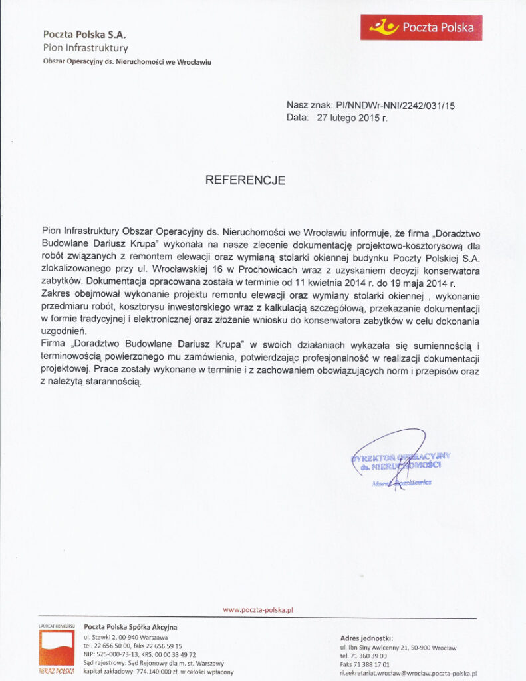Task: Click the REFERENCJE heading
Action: coord(245,180)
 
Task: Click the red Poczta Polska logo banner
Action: coord(421,27)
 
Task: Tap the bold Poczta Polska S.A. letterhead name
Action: coord(84,34)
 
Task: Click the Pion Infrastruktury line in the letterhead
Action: coord(86,48)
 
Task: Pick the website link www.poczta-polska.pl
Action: coord(258,609)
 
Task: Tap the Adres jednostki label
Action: coord(367,638)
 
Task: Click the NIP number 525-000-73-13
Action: coord(116,654)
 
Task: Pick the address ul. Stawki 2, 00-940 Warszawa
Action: coord(126,637)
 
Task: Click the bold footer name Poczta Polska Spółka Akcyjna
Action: coord(131,626)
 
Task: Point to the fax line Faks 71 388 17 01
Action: coord(364,664)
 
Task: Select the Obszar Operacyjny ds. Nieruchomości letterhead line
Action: coord(127,62)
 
